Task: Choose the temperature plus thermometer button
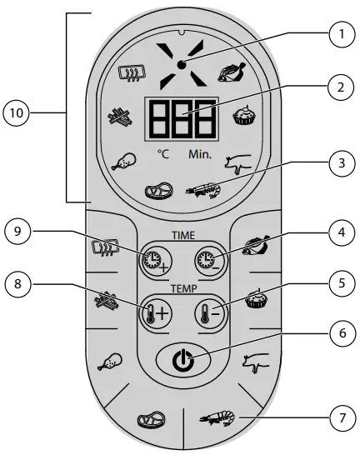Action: click(154, 314)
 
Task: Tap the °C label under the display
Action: click(162, 155)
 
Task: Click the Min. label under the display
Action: click(200, 155)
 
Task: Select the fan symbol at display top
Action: click(178, 64)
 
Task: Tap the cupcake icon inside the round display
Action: click(243, 115)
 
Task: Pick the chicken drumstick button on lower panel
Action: click(110, 361)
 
